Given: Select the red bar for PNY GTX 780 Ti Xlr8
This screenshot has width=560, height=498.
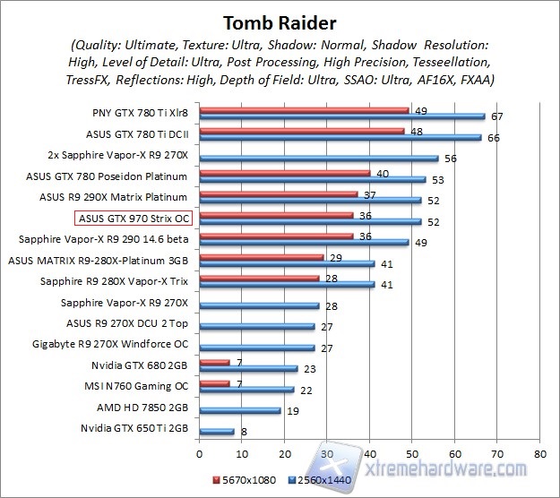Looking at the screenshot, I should point(304,111).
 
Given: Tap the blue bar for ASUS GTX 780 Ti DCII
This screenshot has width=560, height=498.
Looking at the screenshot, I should point(340,137).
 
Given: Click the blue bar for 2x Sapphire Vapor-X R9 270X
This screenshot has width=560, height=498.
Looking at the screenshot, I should point(319,158).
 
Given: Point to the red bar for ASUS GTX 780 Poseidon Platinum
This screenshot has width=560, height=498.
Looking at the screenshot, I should point(285,174).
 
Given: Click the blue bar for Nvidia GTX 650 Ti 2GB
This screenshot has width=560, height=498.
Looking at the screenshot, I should point(217,431).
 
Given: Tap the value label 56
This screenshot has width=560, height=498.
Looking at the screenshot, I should point(450,158).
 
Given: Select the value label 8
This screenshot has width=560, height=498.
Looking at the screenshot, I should point(245,432).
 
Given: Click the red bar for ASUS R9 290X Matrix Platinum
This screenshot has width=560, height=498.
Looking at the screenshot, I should point(279,193).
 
